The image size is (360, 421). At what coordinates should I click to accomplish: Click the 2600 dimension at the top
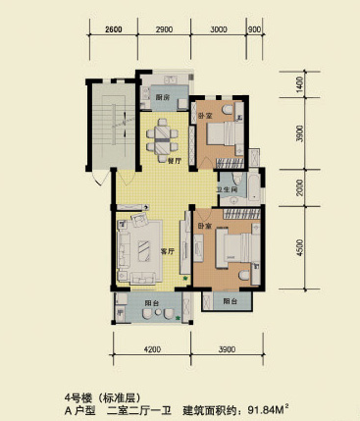click(114, 29)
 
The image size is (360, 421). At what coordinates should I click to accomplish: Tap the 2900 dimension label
click(164, 29)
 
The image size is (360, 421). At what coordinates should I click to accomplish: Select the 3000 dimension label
click(219, 29)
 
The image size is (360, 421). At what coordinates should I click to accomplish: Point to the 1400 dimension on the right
click(301, 84)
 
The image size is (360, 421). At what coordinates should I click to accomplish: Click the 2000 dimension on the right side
click(299, 187)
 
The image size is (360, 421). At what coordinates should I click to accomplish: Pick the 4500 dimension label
click(299, 247)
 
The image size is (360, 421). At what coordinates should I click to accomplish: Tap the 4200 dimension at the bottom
click(152, 349)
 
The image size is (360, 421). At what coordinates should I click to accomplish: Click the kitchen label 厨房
click(163, 97)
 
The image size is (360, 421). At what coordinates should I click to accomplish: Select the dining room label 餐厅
click(175, 161)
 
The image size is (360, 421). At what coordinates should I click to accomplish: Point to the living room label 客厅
click(168, 251)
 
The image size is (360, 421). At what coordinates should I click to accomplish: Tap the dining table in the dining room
click(163, 140)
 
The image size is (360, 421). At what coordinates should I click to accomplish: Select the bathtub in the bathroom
click(254, 187)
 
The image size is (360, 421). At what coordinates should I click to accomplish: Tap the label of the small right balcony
click(231, 301)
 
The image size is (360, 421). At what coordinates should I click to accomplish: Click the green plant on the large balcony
click(178, 318)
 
